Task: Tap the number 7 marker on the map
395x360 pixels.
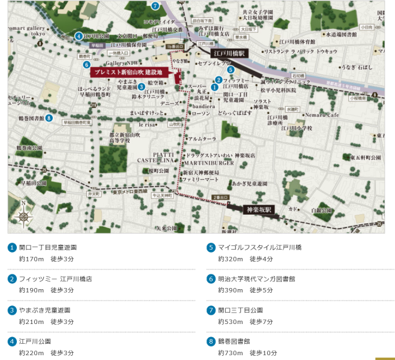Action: pyautogui.click(x=155, y=6)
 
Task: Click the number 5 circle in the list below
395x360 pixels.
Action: pyautogui.click(x=211, y=247)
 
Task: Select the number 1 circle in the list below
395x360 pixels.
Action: pyautogui.click(x=12, y=247)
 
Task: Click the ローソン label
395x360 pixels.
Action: pyautogui.click(x=202, y=113)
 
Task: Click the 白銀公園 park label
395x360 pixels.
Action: pyautogui.click(x=322, y=211)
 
